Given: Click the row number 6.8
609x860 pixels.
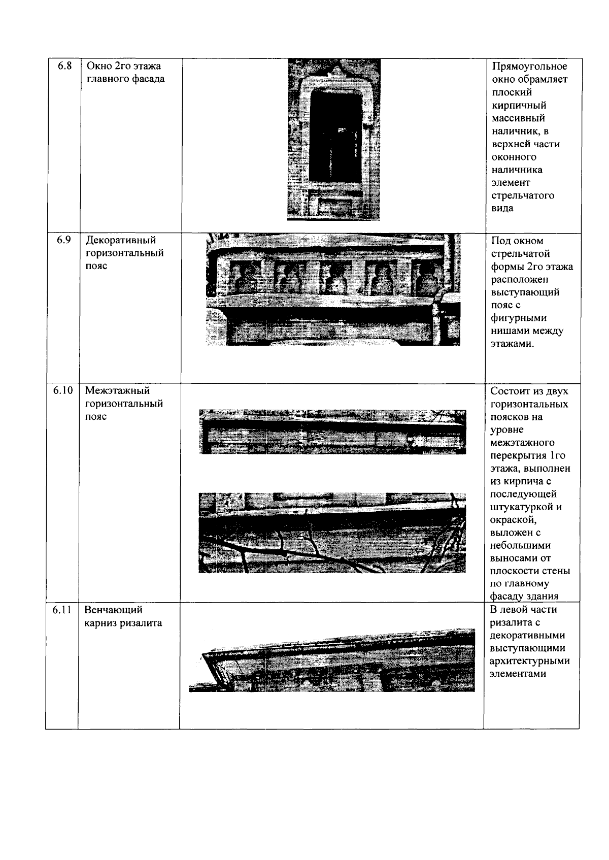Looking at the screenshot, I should pyautogui.click(x=64, y=65).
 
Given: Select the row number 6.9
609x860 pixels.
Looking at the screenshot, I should pyautogui.click(x=63, y=240).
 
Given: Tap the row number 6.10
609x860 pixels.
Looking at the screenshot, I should pyautogui.click(x=62, y=390).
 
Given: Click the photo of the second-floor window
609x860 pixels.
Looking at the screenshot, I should pyautogui.click(x=333, y=140).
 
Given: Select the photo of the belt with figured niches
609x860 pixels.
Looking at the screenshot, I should pyautogui.click(x=333, y=289).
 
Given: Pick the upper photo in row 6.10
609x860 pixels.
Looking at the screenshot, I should pyautogui.click(x=333, y=432).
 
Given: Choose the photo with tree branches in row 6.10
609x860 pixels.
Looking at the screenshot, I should pyautogui.click(x=332, y=533).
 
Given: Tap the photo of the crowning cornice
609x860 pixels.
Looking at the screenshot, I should pyautogui.click(x=332, y=660).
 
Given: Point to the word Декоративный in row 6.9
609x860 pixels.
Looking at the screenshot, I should pyautogui.click(x=120, y=240).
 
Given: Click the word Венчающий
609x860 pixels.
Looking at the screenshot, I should pyautogui.click(x=114, y=610).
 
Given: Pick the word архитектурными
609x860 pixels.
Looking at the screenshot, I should pyautogui.click(x=529, y=661).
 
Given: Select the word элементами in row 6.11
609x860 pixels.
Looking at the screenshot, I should pyautogui.click(x=518, y=674).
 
